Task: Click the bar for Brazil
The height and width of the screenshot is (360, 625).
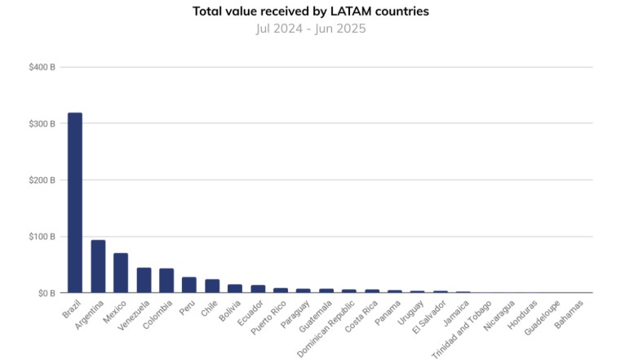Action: (74, 202)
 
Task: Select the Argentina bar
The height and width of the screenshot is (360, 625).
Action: (98, 266)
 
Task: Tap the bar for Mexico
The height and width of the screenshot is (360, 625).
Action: (121, 273)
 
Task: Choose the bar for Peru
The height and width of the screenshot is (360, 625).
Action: (189, 285)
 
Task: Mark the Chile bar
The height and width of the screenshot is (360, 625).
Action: (212, 286)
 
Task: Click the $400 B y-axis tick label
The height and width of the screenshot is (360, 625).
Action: (42, 67)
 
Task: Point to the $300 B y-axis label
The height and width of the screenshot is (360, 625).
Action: (42, 123)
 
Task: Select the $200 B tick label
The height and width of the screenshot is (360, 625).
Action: (42, 180)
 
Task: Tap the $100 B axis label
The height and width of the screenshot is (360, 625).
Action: (42, 237)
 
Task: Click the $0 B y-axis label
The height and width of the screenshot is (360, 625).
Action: (45, 292)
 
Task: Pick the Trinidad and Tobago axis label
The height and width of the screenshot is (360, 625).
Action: (462, 331)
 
